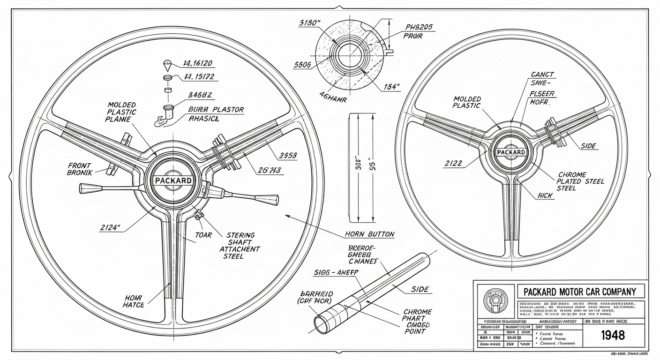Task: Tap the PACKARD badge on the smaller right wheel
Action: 511,152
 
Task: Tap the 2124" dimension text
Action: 110,228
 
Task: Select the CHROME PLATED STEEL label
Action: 581,181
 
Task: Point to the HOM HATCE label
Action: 135,301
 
